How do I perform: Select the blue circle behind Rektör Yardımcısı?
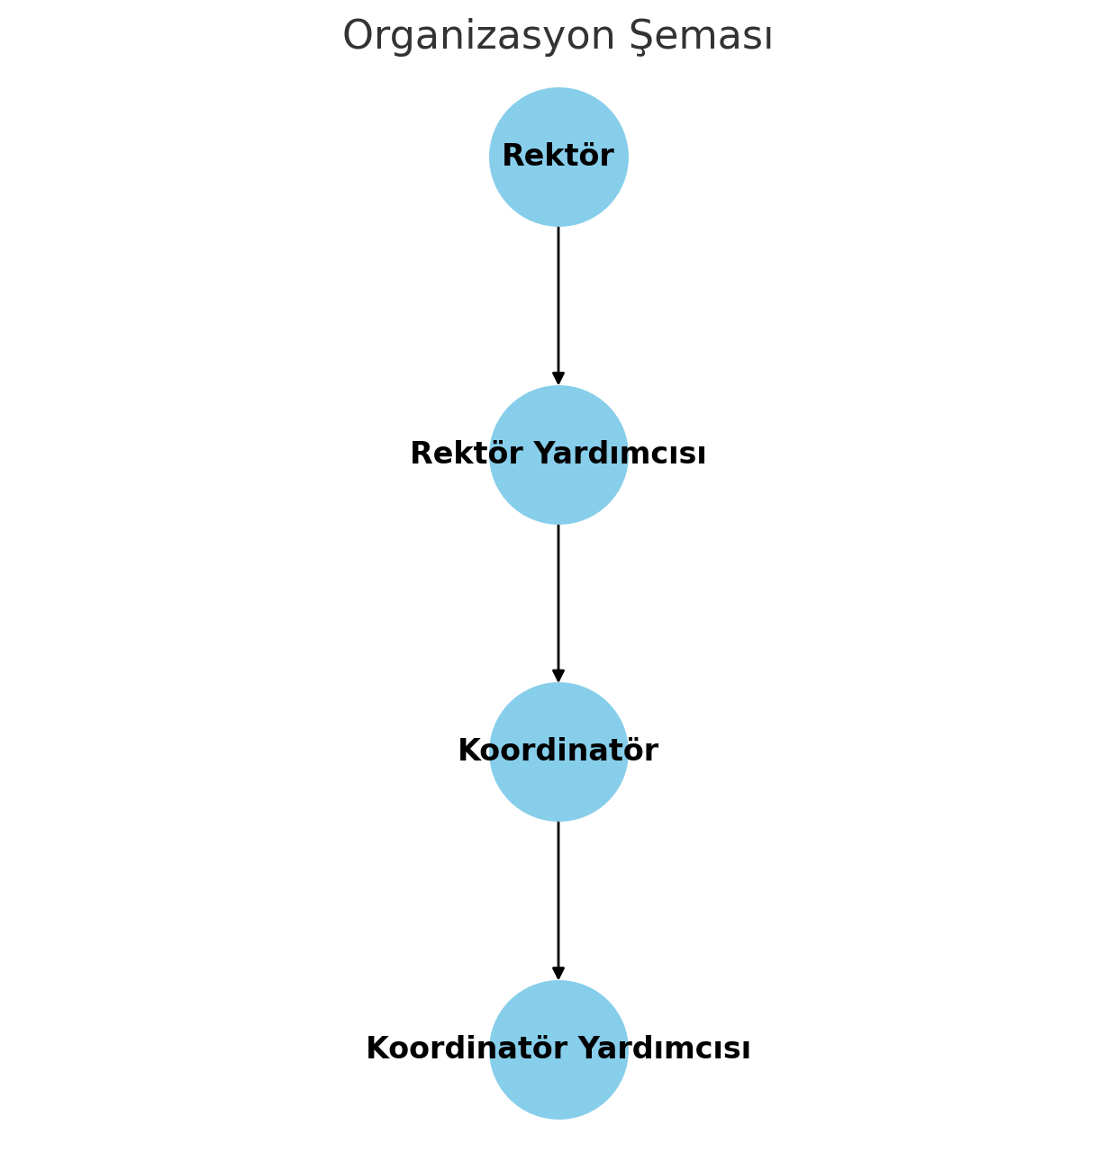(558, 490)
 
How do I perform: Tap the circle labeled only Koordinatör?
(558, 787)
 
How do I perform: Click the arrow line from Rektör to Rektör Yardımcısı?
(558, 297)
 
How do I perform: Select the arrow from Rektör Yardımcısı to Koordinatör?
(558, 594)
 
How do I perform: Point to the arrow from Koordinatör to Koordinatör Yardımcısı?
(558, 891)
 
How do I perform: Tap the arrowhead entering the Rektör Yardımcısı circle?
(558, 379)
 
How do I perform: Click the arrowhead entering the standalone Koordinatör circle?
(558, 676)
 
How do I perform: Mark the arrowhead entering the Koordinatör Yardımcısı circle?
(558, 974)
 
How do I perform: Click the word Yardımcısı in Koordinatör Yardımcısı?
(664, 1049)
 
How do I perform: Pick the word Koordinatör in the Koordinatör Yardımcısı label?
(466, 1049)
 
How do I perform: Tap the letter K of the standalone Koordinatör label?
(468, 751)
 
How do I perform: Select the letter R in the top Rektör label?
(512, 157)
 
